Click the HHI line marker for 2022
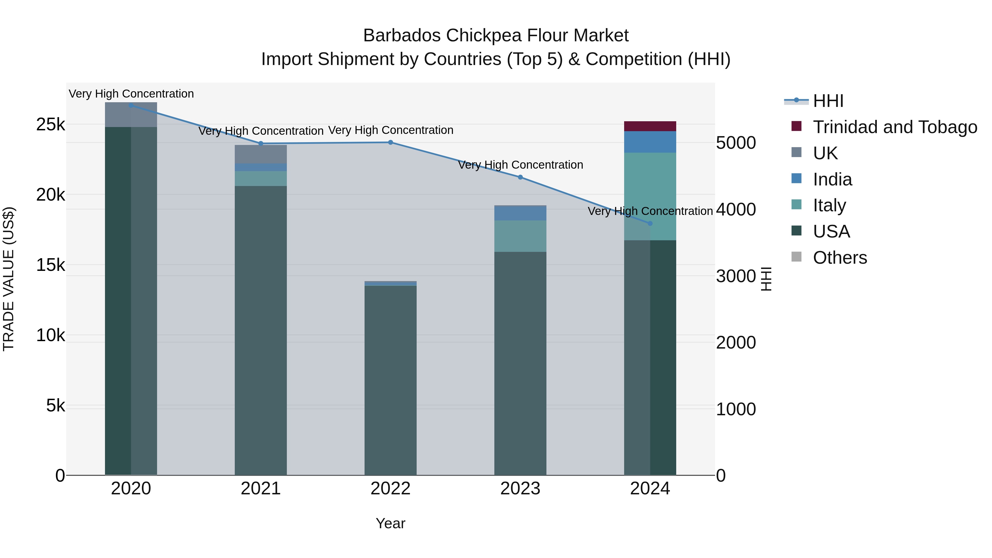pyautogui.click(x=390, y=142)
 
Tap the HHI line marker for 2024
pyautogui.click(x=650, y=223)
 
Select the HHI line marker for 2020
pyautogui.click(x=131, y=106)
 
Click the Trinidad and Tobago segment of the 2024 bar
pyautogui.click(x=650, y=126)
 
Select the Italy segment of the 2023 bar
pyautogui.click(x=520, y=236)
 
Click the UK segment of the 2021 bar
pyautogui.click(x=260, y=154)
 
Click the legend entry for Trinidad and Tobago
pyautogui.click(x=894, y=127)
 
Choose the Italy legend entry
pyautogui.click(x=829, y=205)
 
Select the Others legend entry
pyautogui.click(x=840, y=258)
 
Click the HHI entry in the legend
pyautogui.click(x=828, y=101)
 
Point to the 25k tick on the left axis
pyautogui.click(x=50, y=124)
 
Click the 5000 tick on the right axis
pyautogui.click(x=735, y=143)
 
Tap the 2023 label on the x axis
pyautogui.click(x=520, y=489)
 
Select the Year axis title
pyautogui.click(x=390, y=523)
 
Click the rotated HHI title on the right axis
pyautogui.click(x=766, y=279)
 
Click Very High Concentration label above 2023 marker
pyautogui.click(x=520, y=165)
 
